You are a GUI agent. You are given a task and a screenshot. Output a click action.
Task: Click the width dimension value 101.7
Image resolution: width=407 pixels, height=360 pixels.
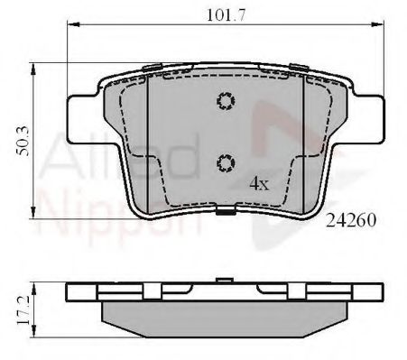[x=227, y=15]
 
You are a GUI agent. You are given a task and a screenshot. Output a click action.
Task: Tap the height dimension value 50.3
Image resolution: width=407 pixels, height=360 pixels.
[x=23, y=142]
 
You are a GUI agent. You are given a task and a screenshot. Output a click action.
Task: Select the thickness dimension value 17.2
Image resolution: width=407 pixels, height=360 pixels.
[x=23, y=310]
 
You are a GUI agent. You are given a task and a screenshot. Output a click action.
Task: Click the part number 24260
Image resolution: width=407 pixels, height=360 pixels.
[x=351, y=221]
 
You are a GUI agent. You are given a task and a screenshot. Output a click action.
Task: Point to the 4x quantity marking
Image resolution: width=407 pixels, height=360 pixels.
[x=259, y=183]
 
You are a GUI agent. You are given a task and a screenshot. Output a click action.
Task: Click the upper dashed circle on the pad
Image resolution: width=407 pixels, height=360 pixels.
[x=226, y=101]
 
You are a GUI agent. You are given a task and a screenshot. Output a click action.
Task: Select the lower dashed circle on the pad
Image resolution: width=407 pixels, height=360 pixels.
[x=226, y=163]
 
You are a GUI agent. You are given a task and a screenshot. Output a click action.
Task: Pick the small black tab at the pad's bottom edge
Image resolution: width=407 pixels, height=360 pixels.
[x=226, y=212]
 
